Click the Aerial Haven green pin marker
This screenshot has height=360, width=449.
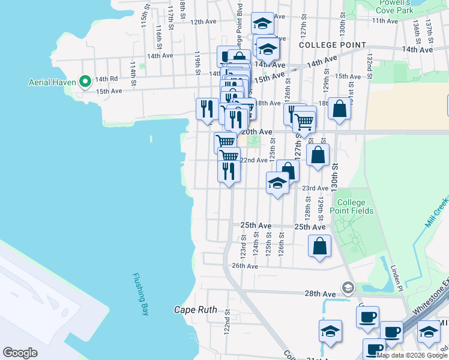85,81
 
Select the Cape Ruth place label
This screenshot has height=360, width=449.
194,310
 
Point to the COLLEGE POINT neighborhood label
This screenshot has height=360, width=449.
332,45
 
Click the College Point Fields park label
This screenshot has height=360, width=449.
355,206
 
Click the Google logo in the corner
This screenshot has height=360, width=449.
20,353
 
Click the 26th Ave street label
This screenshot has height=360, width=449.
244,266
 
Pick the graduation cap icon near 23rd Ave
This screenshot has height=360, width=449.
278,183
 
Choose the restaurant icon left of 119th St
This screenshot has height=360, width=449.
206,109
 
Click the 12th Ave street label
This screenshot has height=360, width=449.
203,22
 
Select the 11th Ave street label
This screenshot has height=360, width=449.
385,21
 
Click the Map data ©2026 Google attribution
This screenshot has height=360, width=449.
412,355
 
